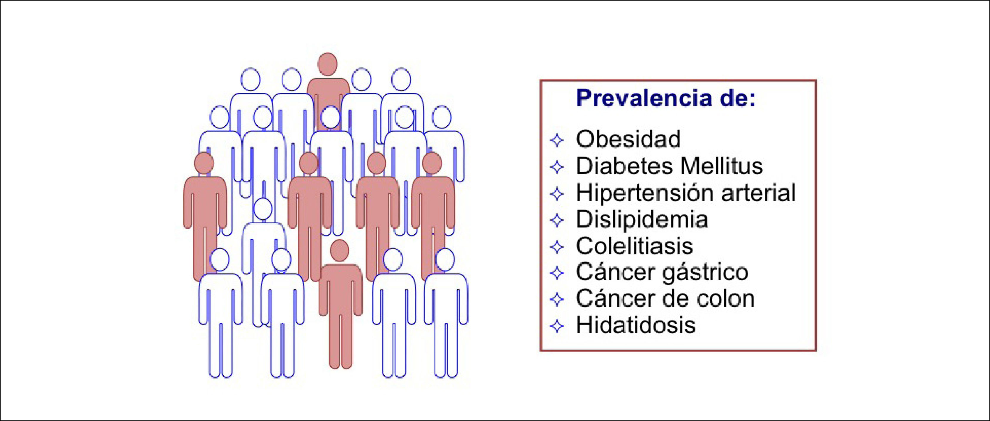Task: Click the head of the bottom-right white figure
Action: [445, 260]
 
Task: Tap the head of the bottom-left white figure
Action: [220, 260]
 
